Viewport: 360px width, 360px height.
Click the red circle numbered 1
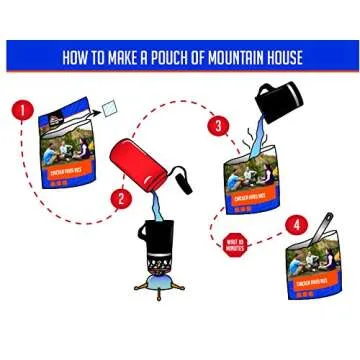tap(23, 110)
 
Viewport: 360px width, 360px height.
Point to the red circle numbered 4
tap(295, 224)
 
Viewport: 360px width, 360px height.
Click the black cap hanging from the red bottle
tap(186, 183)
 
